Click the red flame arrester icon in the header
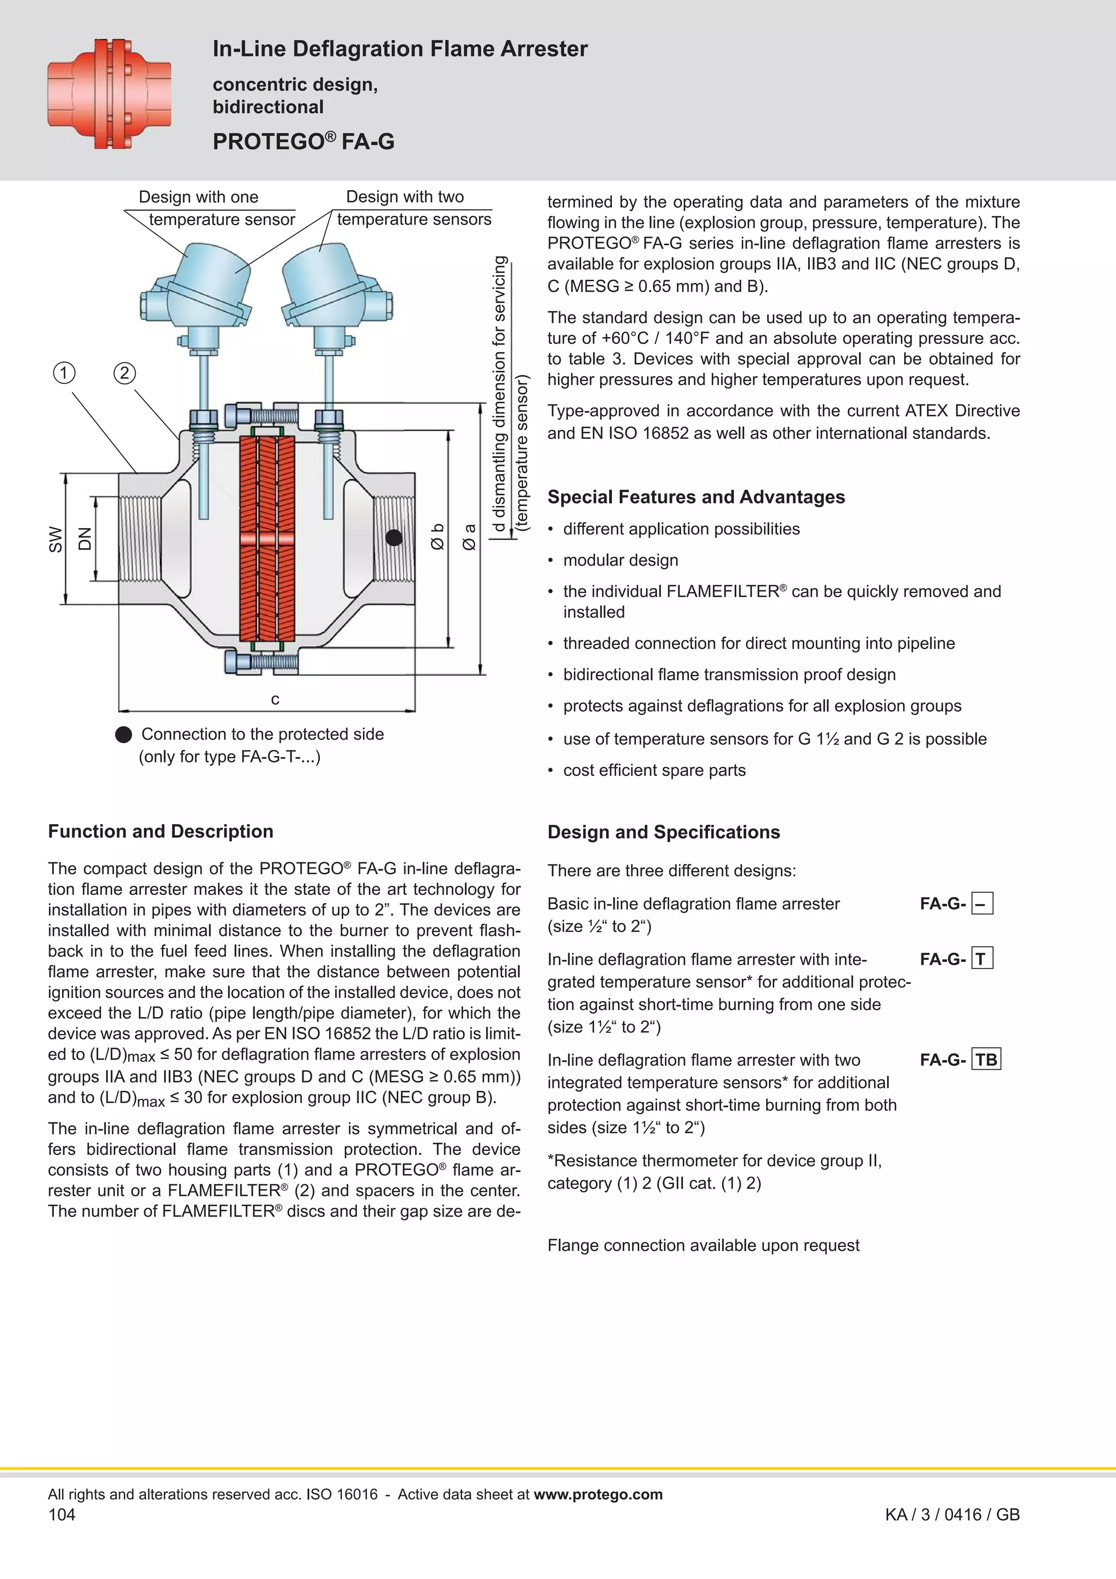point(110,94)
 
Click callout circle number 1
point(64,373)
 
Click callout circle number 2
point(124,373)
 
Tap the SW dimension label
point(56,539)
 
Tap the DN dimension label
point(84,539)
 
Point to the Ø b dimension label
point(438,536)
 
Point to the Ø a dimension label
point(470,536)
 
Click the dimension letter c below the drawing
point(275,699)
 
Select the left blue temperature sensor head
point(199,286)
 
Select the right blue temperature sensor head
point(337,286)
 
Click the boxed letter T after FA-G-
point(982,959)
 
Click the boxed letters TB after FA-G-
point(986,1059)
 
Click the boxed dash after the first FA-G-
point(982,903)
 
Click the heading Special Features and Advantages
point(696,497)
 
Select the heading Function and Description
point(160,831)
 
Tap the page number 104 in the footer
point(62,1514)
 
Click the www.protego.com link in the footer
point(598,1494)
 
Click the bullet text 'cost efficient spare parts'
point(654,770)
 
